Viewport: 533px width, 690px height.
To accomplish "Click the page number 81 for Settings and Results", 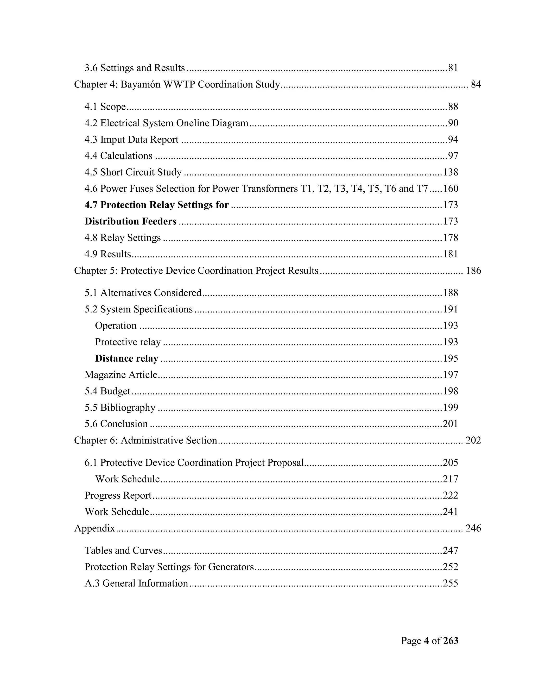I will click(x=453, y=68).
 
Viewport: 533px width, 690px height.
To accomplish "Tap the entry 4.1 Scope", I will click(x=105, y=107).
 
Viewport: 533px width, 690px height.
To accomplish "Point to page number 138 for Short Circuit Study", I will click(x=450, y=172).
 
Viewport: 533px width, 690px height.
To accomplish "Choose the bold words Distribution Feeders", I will click(x=130, y=221).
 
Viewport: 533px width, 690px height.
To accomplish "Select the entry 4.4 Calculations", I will click(x=118, y=156).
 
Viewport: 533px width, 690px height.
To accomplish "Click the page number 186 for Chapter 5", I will click(x=473, y=271).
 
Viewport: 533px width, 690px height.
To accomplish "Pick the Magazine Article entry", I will click(x=121, y=375).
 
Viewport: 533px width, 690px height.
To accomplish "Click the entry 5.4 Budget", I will click(x=107, y=391).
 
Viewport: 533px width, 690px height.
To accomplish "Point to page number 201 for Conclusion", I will click(x=450, y=424).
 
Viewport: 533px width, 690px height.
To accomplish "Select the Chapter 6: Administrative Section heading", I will click(x=145, y=440).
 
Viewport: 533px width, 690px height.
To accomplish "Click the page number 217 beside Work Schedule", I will click(x=450, y=479).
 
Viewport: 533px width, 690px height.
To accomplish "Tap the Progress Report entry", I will click(x=118, y=495).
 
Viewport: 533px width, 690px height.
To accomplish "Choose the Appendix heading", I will click(x=94, y=528).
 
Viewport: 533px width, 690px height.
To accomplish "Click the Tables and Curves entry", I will click(x=123, y=551).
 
